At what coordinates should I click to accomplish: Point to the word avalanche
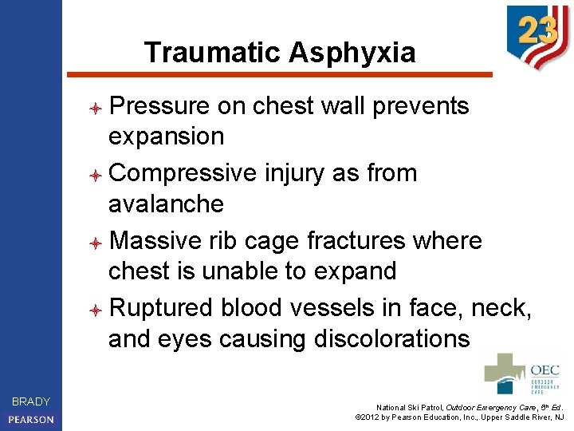click(166, 204)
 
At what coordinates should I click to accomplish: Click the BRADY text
click(31, 401)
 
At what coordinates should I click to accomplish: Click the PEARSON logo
click(31, 419)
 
